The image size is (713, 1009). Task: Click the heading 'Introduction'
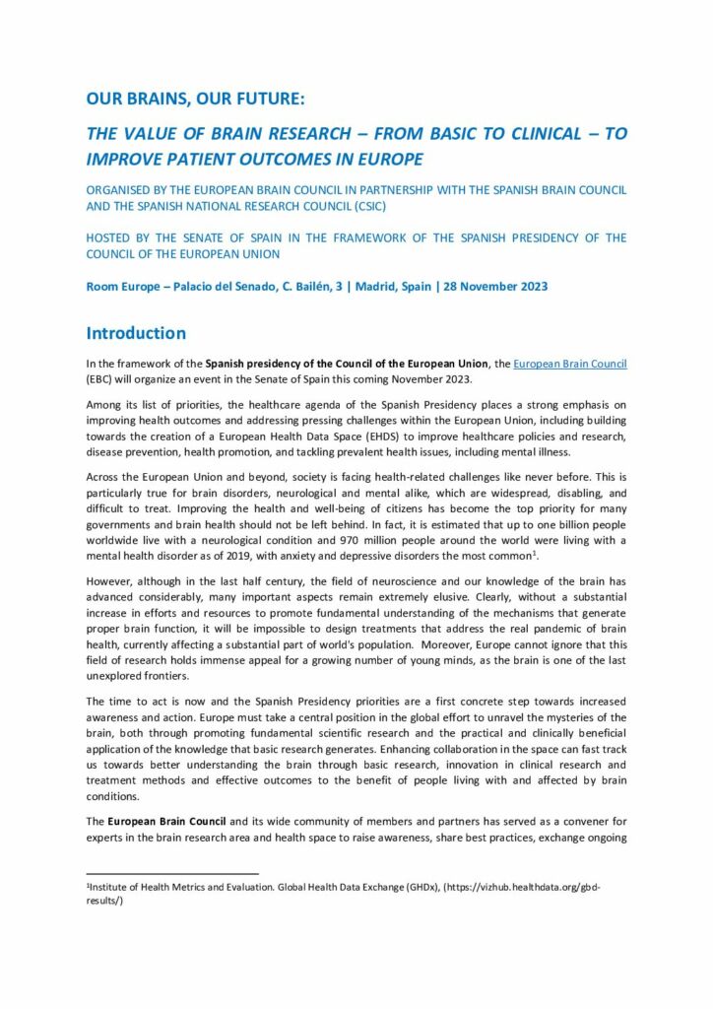click(x=135, y=333)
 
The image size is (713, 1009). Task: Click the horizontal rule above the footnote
click(x=172, y=873)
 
